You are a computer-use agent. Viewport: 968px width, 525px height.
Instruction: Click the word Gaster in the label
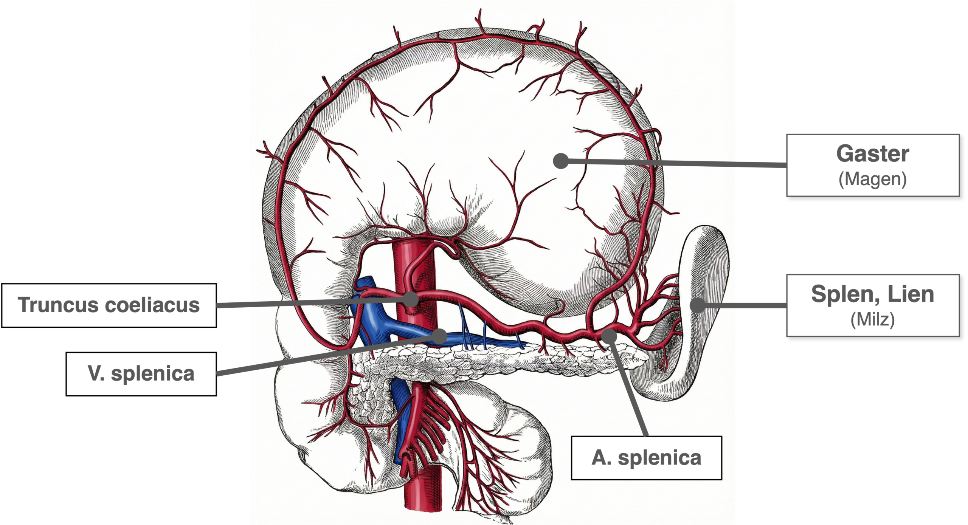pyautogui.click(x=873, y=154)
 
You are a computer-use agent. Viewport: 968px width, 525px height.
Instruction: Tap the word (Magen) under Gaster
pyautogui.click(x=873, y=179)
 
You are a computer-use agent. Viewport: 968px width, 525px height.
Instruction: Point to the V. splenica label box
pyautogui.click(x=141, y=374)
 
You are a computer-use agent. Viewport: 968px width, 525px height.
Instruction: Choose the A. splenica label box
pyautogui.click(x=646, y=458)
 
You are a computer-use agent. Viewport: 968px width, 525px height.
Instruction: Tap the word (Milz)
pyautogui.click(x=873, y=320)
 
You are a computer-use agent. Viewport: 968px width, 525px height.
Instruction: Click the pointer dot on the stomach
pyautogui.click(x=561, y=161)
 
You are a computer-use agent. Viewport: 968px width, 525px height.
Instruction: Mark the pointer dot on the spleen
pyautogui.click(x=698, y=305)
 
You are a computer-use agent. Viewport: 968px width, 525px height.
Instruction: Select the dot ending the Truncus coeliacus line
pyautogui.click(x=411, y=300)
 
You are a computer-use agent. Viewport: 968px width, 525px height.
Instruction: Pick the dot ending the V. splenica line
pyautogui.click(x=439, y=336)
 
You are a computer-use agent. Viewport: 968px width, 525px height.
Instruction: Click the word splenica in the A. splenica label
pyautogui.click(x=660, y=458)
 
